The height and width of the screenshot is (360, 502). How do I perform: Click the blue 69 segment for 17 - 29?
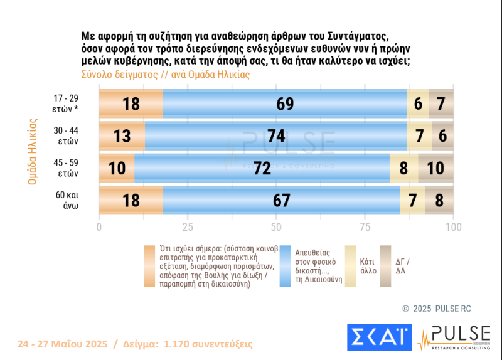[285, 103]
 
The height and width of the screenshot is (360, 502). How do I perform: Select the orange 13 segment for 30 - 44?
[122, 136]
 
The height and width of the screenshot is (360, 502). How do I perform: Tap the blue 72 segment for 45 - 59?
[262, 168]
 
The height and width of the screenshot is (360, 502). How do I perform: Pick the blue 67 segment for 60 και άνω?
[282, 200]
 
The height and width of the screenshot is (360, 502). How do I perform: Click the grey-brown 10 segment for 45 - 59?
[435, 168]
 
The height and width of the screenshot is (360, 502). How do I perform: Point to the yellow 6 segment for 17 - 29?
[418, 103]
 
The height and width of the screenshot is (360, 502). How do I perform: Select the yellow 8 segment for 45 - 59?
[403, 168]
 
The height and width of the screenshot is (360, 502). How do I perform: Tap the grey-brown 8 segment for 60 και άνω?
[439, 200]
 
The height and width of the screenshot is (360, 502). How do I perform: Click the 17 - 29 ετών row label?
[65, 103]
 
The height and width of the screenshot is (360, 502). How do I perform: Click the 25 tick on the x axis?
[188, 226]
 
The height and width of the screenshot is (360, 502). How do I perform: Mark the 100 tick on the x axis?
[453, 226]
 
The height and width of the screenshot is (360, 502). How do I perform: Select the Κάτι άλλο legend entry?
[368, 267]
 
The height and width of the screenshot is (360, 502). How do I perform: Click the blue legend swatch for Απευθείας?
[285, 267]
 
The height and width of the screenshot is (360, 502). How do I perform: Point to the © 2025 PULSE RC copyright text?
[436, 309]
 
